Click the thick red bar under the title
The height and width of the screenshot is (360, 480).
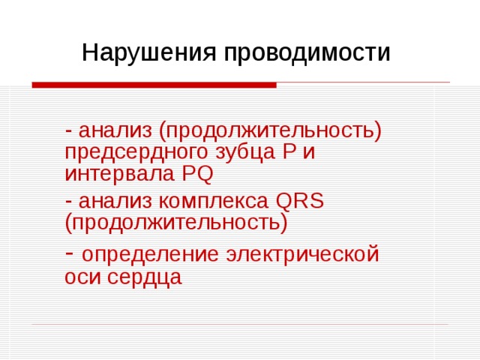tap(154, 85)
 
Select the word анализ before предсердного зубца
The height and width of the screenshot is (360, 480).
tap(115, 130)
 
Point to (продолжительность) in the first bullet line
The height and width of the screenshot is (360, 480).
tap(270, 132)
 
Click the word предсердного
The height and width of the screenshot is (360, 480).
tap(130, 153)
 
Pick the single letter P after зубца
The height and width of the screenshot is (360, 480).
tap(289, 152)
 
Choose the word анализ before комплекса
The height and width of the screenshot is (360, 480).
tap(115, 201)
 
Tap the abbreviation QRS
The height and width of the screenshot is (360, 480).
tap(299, 201)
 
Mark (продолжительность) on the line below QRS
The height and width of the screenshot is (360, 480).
tap(176, 223)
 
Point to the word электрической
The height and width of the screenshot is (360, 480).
tap(300, 254)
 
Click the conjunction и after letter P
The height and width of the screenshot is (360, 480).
tap(308, 153)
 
